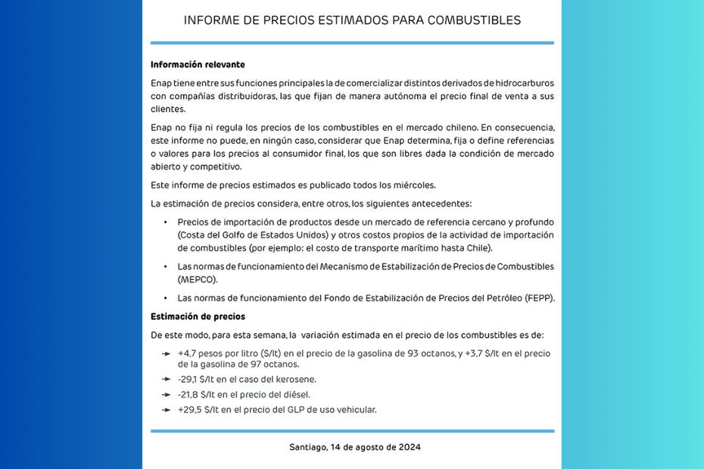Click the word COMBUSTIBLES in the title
pyautogui.click(x=474, y=20)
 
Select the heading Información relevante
pyautogui.click(x=198, y=65)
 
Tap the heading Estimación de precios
pyautogui.click(x=198, y=317)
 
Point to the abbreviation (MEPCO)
pyautogui.click(x=197, y=279)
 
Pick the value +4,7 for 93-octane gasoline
pyautogui.click(x=188, y=353)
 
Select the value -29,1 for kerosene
pyautogui.click(x=189, y=379)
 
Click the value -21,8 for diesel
pyautogui.click(x=189, y=394)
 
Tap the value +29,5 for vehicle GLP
pyautogui.click(x=189, y=409)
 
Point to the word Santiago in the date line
pyautogui.click(x=308, y=447)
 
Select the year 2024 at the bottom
pyautogui.click(x=409, y=447)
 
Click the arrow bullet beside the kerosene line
pyautogui.click(x=166, y=379)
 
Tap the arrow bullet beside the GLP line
pyautogui.click(x=166, y=409)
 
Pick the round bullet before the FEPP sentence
pyautogui.click(x=166, y=298)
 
